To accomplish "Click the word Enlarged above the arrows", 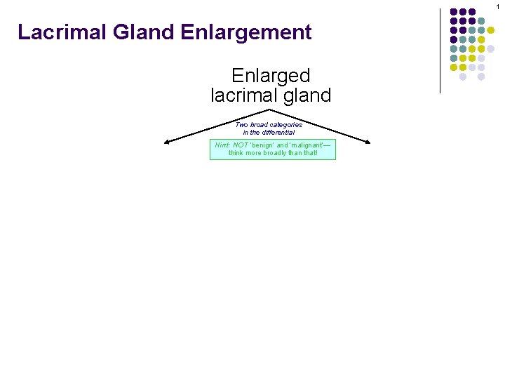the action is pyautogui.click(x=271, y=76).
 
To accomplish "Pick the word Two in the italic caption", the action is pyautogui.click(x=241, y=125).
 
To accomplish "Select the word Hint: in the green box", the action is pyautogui.click(x=222, y=145).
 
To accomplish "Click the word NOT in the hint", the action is pyautogui.click(x=241, y=145).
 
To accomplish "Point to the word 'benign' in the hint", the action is pyautogui.click(x=265, y=145).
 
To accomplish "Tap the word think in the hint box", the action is pyautogui.click(x=236, y=152).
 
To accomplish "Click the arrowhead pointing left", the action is pyautogui.click(x=167, y=142).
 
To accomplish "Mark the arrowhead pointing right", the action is pyautogui.click(x=366, y=142).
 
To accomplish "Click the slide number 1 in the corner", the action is pyautogui.click(x=497, y=6).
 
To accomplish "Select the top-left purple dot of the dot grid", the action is pyautogui.click(x=454, y=12).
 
